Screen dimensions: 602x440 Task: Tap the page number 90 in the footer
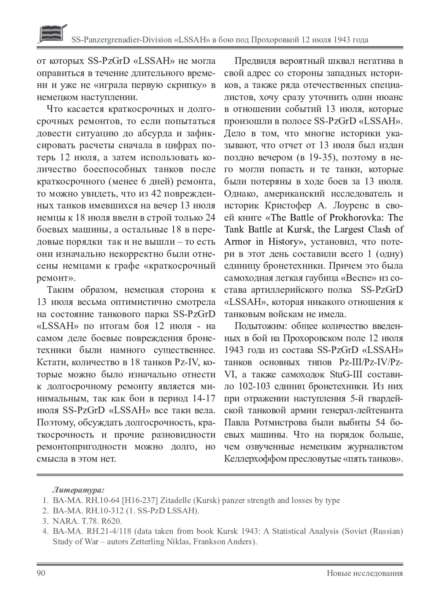41,573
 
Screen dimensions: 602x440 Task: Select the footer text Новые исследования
365,573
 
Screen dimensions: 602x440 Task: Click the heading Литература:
78,490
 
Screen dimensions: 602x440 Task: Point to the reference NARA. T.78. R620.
87,521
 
